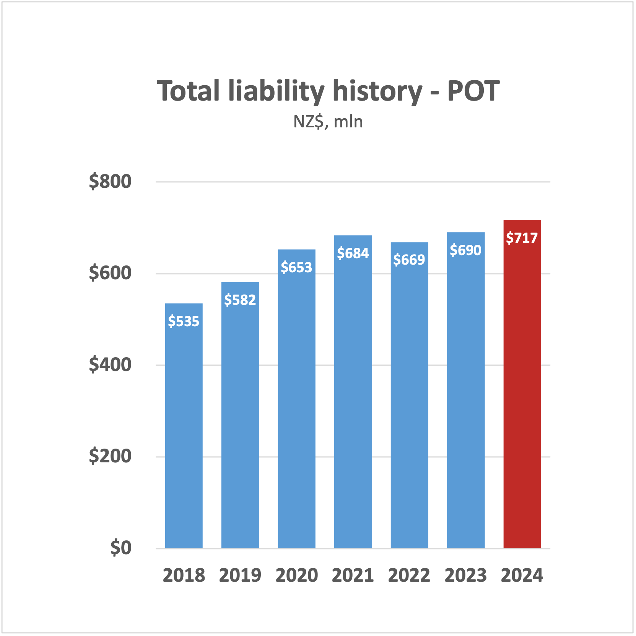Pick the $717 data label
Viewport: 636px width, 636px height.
click(x=522, y=238)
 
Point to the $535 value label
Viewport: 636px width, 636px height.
click(x=184, y=321)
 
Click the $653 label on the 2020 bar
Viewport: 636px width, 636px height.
click(x=296, y=267)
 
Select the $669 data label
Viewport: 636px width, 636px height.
click(x=409, y=260)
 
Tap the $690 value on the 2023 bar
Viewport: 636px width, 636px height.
click(x=465, y=250)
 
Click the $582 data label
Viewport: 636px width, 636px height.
click(x=240, y=300)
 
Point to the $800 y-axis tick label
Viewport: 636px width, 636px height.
click(x=110, y=181)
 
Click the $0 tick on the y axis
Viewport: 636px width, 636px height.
click(x=121, y=548)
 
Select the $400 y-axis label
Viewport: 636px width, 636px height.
click(x=110, y=364)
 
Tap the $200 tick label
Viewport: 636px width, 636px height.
click(x=110, y=456)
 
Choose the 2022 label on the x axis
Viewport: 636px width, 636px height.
click(x=409, y=576)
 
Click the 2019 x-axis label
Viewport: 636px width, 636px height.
click(x=240, y=576)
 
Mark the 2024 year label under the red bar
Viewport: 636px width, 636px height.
click(x=522, y=576)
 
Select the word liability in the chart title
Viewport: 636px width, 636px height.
click(x=276, y=92)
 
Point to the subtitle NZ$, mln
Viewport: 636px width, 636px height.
click(x=328, y=122)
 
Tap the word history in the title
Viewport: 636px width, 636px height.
click(x=377, y=92)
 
